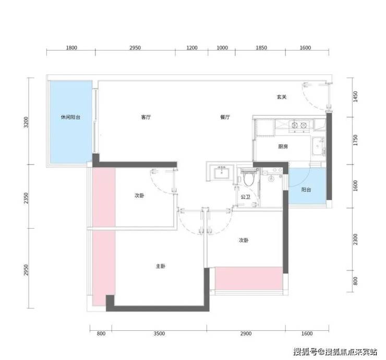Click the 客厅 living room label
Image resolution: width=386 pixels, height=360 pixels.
(146, 117)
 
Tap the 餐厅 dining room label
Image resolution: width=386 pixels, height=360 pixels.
(225, 117)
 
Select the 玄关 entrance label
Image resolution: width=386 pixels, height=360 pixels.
(282, 97)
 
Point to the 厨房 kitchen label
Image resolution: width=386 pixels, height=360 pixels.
(283, 146)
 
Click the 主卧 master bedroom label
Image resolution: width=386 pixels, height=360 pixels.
(161, 266)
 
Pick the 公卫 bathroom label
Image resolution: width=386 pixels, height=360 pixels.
(246, 197)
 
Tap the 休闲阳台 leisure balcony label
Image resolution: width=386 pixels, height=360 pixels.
(70, 117)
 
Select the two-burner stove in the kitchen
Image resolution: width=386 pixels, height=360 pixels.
(299, 125)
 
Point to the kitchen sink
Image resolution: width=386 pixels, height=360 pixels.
(319, 146)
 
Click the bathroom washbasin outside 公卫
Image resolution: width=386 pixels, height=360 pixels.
(222, 172)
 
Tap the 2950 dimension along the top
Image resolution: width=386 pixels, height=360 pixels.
(135, 48)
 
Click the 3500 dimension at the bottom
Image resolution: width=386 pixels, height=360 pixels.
(159, 333)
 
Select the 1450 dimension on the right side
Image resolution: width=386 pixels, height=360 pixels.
(355, 96)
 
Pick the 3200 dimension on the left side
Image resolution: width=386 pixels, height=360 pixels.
(26, 122)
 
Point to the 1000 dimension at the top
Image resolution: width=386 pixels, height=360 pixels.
(222, 48)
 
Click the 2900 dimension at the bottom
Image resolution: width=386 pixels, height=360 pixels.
(246, 333)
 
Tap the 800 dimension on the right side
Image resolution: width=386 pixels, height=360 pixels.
(355, 281)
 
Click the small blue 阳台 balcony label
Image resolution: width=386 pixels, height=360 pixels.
(306, 190)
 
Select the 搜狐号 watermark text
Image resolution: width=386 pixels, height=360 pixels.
(305, 352)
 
